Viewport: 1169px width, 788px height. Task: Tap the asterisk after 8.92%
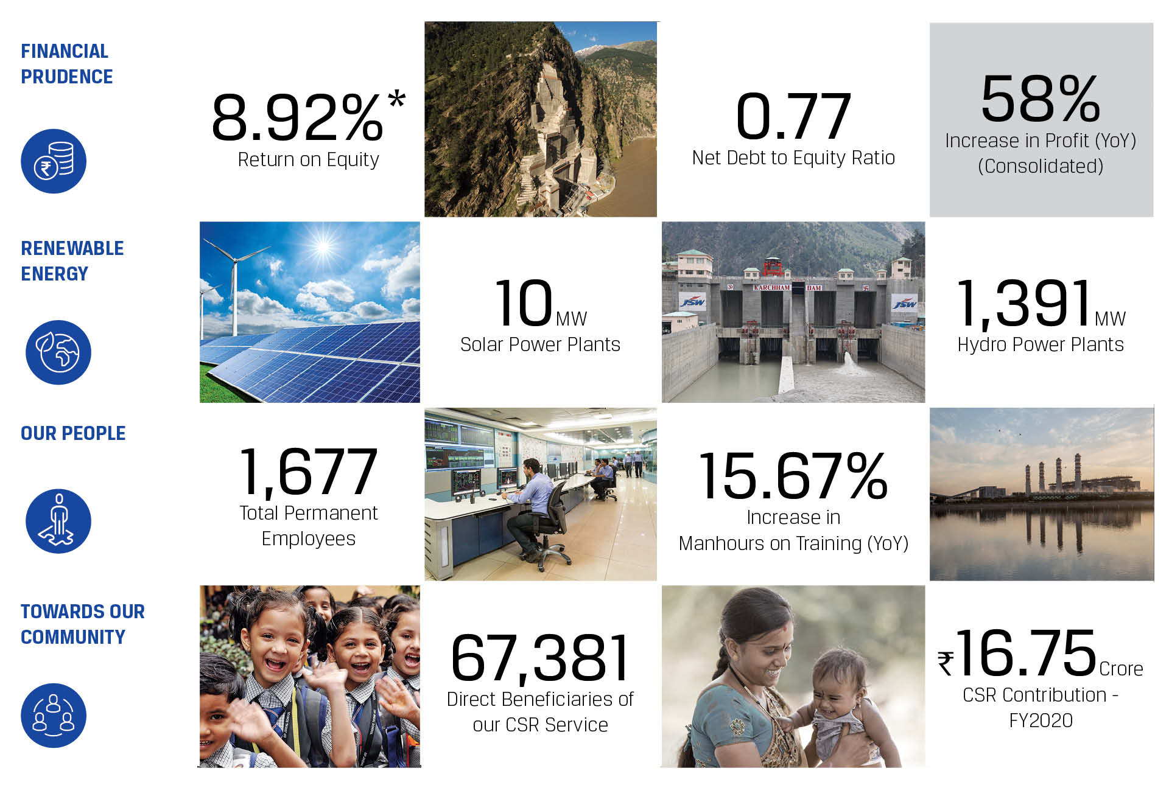pos(396,99)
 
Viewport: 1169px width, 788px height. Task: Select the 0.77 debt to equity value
pos(793,116)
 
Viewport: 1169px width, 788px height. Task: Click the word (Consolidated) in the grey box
pos(1041,166)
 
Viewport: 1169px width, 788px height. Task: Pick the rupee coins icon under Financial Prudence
pos(54,161)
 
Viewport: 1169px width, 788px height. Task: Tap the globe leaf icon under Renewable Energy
pos(58,352)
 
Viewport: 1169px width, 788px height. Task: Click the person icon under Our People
pos(58,521)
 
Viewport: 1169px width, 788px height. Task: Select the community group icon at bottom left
pos(54,715)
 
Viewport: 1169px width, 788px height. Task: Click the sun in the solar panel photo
pos(323,246)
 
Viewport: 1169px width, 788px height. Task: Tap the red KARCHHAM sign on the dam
pos(771,287)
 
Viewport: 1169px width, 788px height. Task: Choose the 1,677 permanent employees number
pos(309,471)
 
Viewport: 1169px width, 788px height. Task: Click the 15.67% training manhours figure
pos(793,475)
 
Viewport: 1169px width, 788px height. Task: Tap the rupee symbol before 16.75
pos(946,663)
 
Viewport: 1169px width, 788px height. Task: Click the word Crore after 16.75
pos(1121,669)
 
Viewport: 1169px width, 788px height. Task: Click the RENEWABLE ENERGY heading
pos(72,261)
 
